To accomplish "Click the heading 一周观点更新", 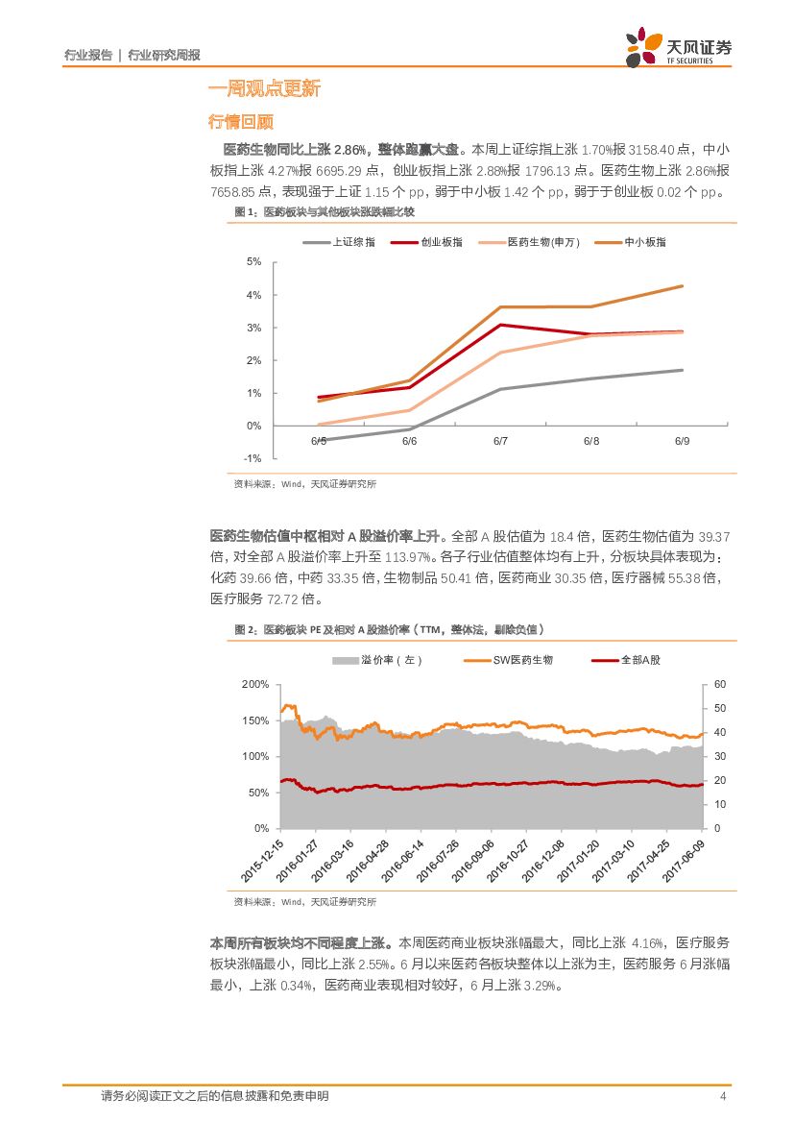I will pyautogui.click(x=264, y=89).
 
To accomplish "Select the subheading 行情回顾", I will pyautogui.click(x=241, y=122).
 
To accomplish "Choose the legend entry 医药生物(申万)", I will pyautogui.click(x=542, y=242).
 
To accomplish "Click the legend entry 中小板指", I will pyautogui.click(x=645, y=242).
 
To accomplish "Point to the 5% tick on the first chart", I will pyautogui.click(x=254, y=261).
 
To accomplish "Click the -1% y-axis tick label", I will pyautogui.click(x=254, y=458).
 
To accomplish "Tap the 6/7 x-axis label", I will pyautogui.click(x=500, y=441).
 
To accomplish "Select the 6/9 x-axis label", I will pyautogui.click(x=682, y=441).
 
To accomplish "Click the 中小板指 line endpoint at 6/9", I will pyautogui.click(x=683, y=285).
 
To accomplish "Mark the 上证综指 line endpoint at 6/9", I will pyautogui.click(x=683, y=370).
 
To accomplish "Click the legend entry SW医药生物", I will pyautogui.click(x=522, y=660).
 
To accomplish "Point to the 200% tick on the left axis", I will pyautogui.click(x=255, y=684).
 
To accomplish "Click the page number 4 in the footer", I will pyautogui.click(x=722, y=1096).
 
